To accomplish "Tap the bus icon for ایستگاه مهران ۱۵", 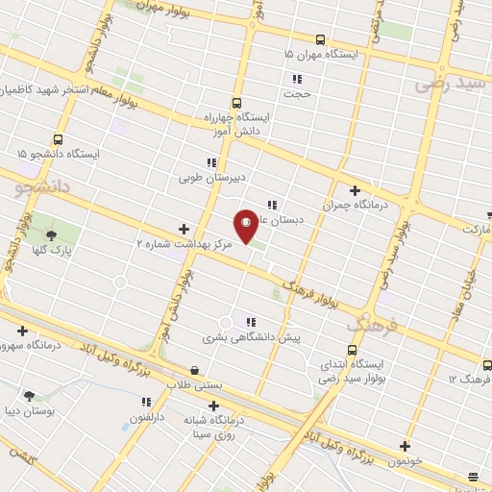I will pos(320,39).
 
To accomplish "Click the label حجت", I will pos(297,94).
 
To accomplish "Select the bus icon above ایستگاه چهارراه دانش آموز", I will pos(236,103).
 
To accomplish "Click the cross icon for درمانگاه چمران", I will pos(355,190).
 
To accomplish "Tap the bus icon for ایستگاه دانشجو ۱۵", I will pos(59,139).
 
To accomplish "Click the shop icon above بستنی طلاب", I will pos(195,369).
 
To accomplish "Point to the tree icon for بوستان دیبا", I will pos(30,395).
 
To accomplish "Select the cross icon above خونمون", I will pos(405,446).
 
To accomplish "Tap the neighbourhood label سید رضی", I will pos(453,84).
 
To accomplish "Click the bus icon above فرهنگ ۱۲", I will pos(487,365).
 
